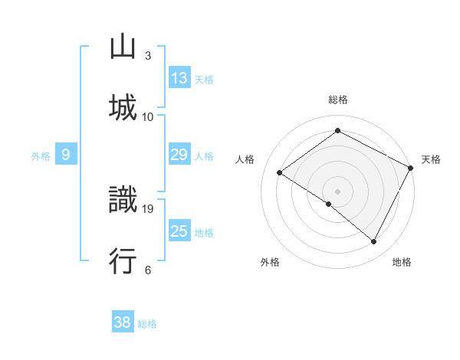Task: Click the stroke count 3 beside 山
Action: click(148, 55)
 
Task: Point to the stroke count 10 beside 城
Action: click(148, 116)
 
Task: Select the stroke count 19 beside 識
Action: click(149, 208)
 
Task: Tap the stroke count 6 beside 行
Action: click(148, 270)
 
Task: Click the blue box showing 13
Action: click(179, 78)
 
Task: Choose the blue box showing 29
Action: click(179, 155)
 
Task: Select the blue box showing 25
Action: click(179, 232)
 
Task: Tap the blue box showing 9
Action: click(66, 155)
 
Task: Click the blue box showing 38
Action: click(123, 322)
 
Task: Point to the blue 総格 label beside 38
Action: click(147, 324)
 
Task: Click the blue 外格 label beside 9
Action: click(41, 156)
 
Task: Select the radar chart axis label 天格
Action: click(431, 159)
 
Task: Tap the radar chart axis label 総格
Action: click(338, 100)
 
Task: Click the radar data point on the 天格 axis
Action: click(410, 168)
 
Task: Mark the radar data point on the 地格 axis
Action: click(374, 242)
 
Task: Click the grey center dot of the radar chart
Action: click(337, 191)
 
